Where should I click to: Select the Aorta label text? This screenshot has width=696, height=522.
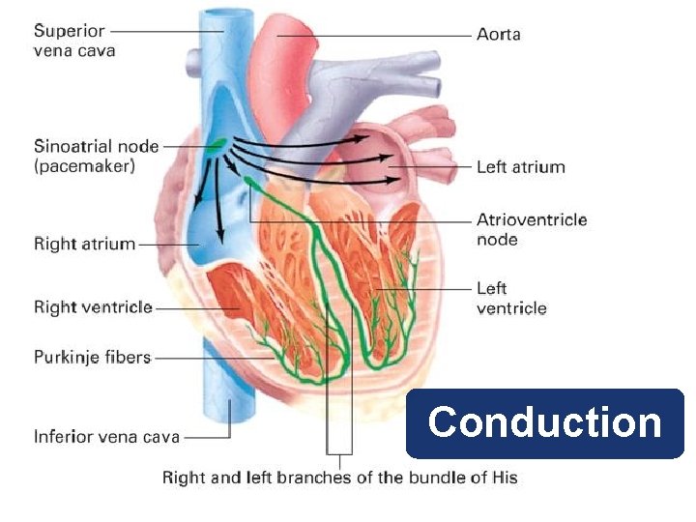click(499, 35)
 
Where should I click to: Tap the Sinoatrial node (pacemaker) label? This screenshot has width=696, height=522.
click(97, 156)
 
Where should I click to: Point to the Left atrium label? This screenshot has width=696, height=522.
click(520, 167)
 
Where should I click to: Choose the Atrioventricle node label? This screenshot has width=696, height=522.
click(531, 229)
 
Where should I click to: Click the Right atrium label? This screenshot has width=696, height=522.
click(84, 244)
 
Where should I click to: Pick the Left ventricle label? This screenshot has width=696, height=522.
click(510, 298)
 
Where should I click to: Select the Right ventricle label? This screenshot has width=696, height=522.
click(93, 307)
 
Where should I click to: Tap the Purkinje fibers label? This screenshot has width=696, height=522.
click(92, 357)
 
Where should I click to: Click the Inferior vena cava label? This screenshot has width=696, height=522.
click(106, 437)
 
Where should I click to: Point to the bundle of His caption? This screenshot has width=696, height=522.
click(339, 478)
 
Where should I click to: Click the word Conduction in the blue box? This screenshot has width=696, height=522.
click(544, 422)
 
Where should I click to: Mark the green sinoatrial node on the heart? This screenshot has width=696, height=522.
click(217, 145)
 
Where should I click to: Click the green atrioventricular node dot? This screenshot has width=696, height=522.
click(249, 180)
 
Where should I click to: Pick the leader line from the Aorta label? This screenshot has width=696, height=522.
click(387, 35)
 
